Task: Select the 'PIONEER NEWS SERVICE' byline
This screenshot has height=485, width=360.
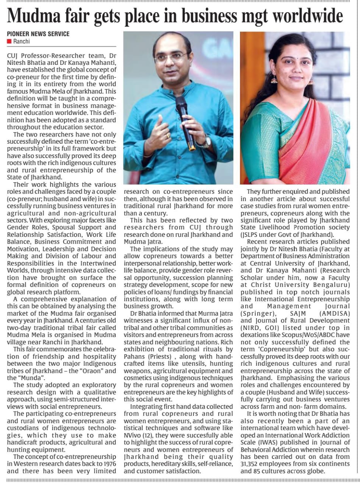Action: (x=38, y=34)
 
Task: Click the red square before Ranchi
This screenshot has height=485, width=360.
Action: (x=9, y=41)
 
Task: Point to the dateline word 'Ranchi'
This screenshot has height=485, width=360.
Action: (x=21, y=41)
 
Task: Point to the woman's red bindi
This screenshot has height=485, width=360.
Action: (x=293, y=57)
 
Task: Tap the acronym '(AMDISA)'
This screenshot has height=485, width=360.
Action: (x=334, y=313)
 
